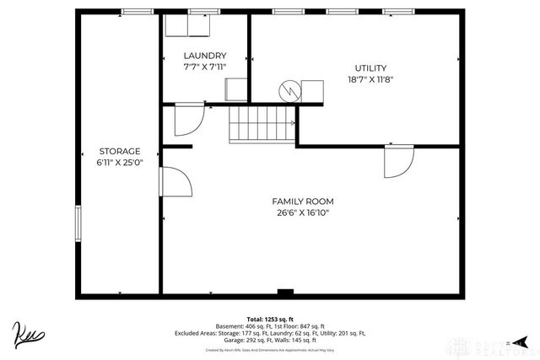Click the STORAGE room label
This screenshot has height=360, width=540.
pyautogui.click(x=119, y=151)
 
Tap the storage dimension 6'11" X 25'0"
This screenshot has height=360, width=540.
pyautogui.click(x=119, y=163)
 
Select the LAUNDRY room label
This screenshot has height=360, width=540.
pyautogui.click(x=205, y=56)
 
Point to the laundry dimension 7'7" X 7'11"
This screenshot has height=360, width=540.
pyautogui.click(x=205, y=67)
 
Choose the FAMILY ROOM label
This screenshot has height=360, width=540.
pyautogui.click(x=302, y=201)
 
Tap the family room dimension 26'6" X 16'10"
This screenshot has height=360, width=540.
pyautogui.click(x=302, y=213)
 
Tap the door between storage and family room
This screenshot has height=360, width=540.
pyautogui.click(x=175, y=183)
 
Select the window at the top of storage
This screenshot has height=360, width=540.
pyautogui.click(x=136, y=12)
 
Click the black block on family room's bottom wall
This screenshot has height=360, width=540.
pyautogui.click(x=285, y=294)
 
